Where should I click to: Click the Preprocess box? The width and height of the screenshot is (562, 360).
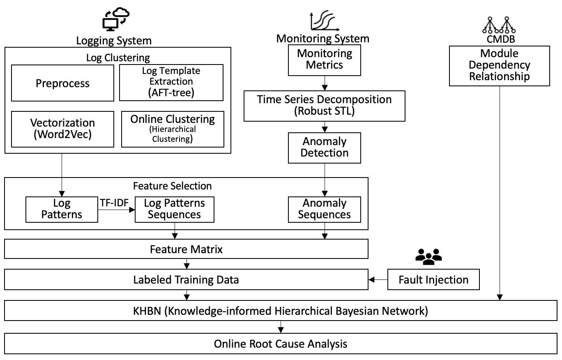click(62, 83)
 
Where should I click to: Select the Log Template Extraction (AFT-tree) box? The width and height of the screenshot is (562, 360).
click(171, 82)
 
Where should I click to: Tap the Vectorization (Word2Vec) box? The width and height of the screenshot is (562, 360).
click(62, 129)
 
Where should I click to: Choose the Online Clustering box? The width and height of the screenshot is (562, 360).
click(173, 129)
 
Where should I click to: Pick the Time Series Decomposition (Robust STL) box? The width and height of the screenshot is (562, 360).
click(324, 106)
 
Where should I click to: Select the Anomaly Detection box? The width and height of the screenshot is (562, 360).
click(325, 147)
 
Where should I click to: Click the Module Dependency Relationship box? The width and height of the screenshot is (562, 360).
click(499, 65)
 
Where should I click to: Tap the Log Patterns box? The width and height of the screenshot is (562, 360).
click(62, 209)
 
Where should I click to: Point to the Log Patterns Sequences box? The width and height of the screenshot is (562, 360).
click(175, 209)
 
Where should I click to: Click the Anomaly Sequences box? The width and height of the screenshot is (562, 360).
click(325, 209)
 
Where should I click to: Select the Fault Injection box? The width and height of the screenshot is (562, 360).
click(433, 280)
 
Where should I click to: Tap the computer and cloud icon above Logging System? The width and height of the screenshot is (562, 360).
click(115, 20)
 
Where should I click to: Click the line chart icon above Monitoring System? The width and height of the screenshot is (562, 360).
click(324, 21)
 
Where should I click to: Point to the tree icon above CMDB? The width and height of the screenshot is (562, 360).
click(498, 25)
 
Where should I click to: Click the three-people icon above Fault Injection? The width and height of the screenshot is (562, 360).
click(428, 257)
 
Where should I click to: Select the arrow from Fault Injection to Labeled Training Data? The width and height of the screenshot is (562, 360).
click(378, 280)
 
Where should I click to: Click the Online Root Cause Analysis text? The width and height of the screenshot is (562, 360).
click(280, 344)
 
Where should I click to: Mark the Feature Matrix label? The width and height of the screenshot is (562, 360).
click(186, 249)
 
